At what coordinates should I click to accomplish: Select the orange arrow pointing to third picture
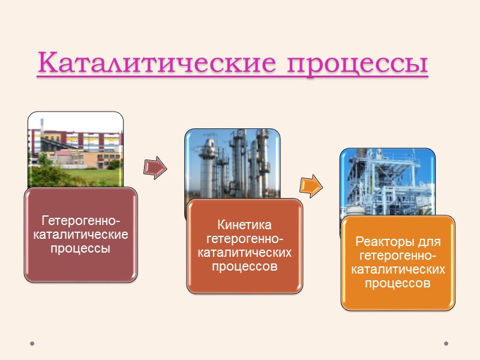[310, 186]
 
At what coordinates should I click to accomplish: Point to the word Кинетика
[244, 225]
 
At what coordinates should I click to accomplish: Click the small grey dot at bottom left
[32, 344]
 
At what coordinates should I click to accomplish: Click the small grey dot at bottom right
[446, 344]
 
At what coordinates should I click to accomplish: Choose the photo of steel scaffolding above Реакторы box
[387, 180]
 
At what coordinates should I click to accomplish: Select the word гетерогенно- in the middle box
[244, 239]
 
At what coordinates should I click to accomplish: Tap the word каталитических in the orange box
[398, 269]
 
